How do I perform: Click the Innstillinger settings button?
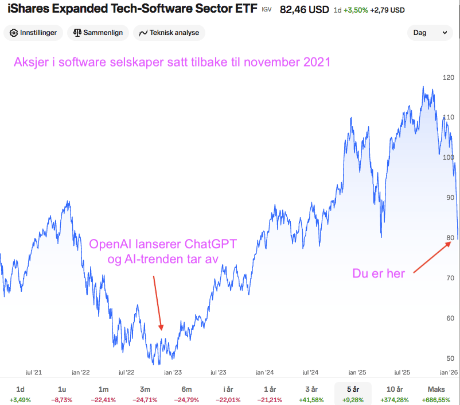[33, 33]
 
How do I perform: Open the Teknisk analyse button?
[169, 33]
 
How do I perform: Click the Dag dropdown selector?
[430, 33]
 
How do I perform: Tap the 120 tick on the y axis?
[448, 78]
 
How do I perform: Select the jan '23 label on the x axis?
[173, 372]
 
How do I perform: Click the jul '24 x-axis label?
[310, 372]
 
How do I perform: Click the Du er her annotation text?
[379, 273]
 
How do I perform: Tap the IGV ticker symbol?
[266, 10]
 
